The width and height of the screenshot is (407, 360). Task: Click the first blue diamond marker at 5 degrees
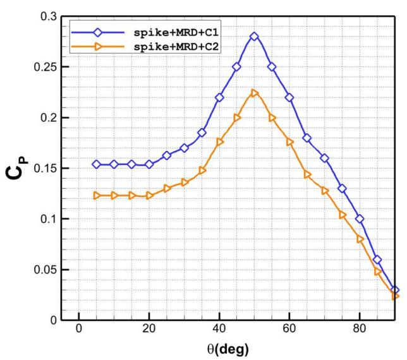pyautogui.click(x=97, y=164)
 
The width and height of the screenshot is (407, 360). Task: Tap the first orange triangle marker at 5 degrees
pyautogui.click(x=97, y=196)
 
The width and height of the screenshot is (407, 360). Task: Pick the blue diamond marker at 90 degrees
pyautogui.click(x=395, y=290)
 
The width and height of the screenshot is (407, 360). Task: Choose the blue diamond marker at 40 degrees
pyautogui.click(x=219, y=97)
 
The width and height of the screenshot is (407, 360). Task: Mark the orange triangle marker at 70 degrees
pyautogui.click(x=325, y=190)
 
